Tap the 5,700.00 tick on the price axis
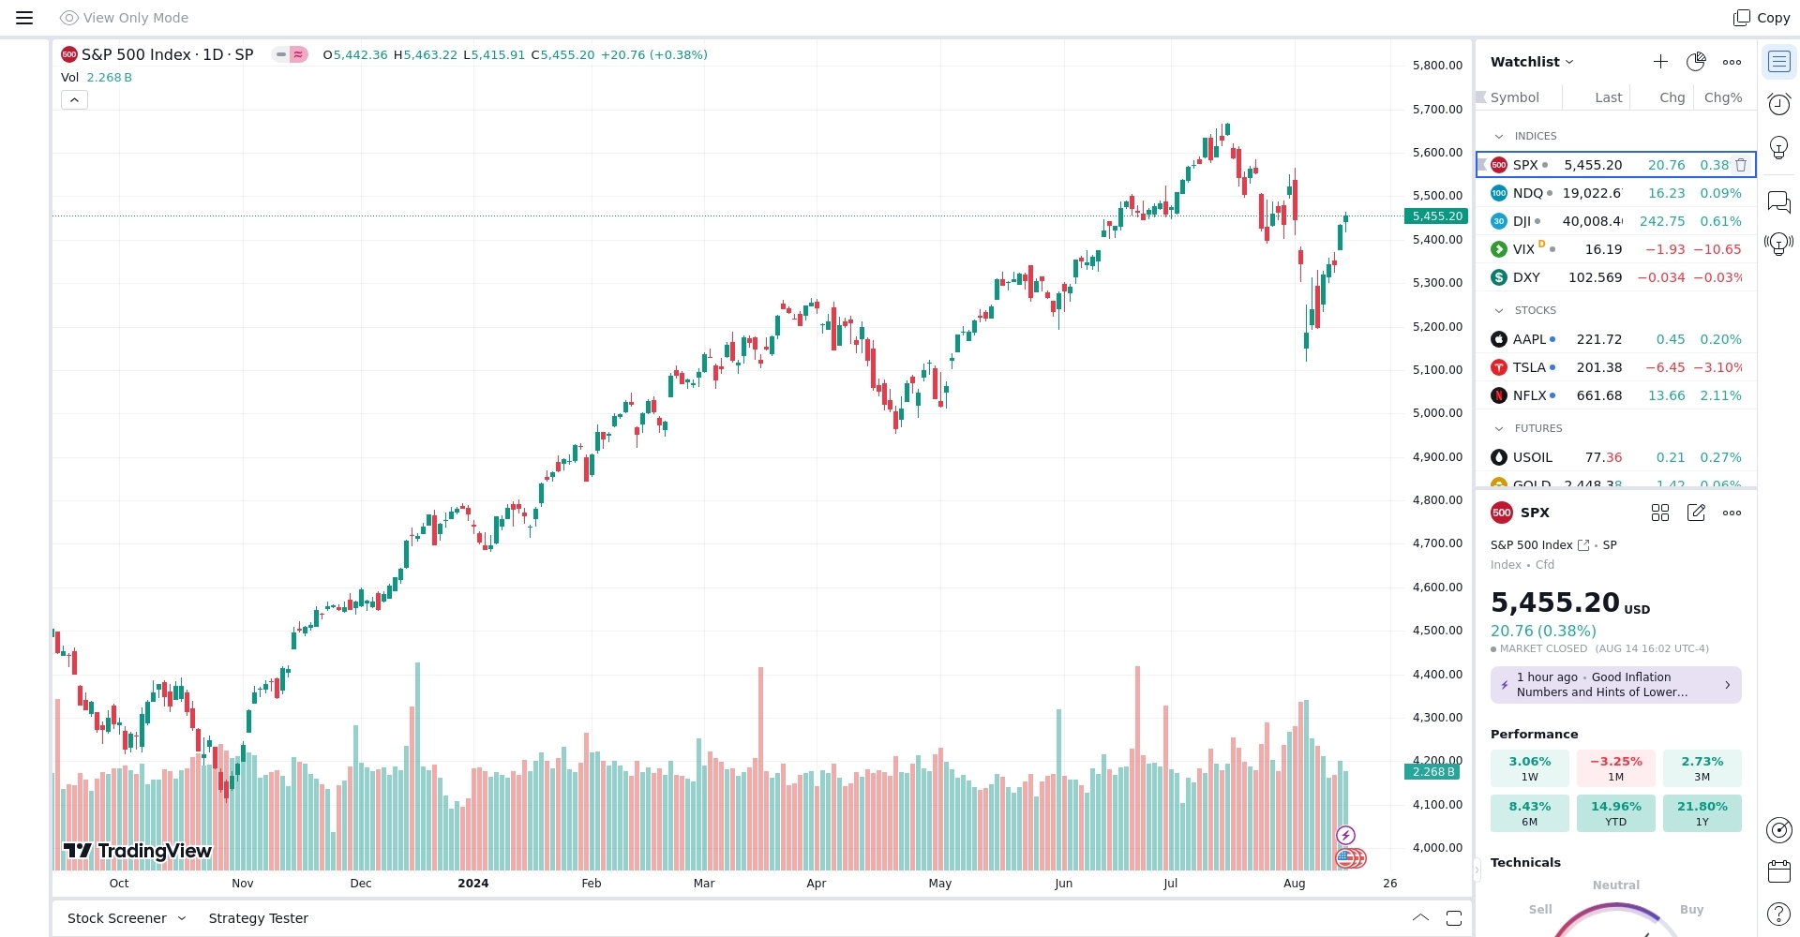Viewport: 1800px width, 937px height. tap(1436, 109)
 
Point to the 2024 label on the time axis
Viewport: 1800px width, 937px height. tap(472, 883)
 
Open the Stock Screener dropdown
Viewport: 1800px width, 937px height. tap(126, 918)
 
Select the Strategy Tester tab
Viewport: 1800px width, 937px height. tap(258, 918)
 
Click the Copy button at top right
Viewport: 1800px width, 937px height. tap(1762, 18)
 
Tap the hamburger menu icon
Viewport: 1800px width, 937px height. tap(24, 18)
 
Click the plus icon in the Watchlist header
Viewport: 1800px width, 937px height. tap(1659, 62)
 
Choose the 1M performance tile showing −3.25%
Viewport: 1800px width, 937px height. tap(1615, 768)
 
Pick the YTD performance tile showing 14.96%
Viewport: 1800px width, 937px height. tap(1615, 813)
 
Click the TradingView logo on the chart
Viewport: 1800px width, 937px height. tap(137, 851)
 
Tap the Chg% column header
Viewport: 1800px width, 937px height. tap(1722, 97)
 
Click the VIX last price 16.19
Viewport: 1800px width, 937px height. tap(1602, 249)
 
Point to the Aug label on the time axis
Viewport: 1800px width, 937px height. tap(1294, 883)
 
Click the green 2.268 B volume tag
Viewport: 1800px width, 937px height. tap(1432, 772)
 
